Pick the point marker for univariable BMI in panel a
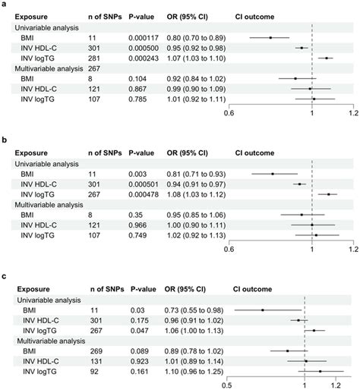(270, 36)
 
